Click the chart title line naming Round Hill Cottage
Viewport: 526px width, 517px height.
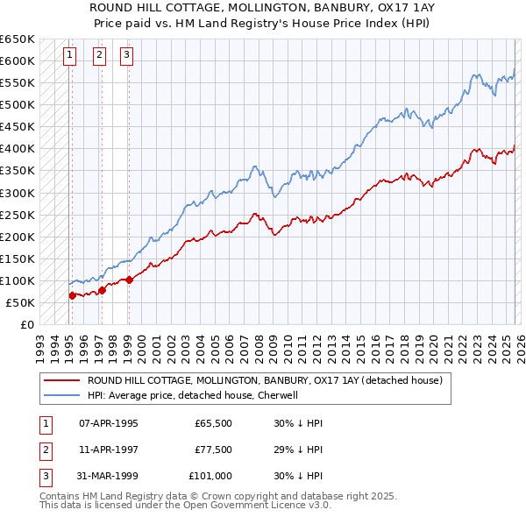click(x=262, y=6)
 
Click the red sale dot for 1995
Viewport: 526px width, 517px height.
click(x=72, y=295)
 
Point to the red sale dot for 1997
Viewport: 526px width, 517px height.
click(x=102, y=290)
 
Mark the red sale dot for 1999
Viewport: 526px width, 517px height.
click(x=130, y=280)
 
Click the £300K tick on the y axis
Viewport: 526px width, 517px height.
click(x=18, y=193)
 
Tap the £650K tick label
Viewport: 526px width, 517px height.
click(x=18, y=39)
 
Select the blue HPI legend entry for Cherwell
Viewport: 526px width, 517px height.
click(x=193, y=395)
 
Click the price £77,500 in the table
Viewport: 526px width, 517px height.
click(x=213, y=450)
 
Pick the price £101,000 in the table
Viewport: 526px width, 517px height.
click(x=210, y=476)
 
